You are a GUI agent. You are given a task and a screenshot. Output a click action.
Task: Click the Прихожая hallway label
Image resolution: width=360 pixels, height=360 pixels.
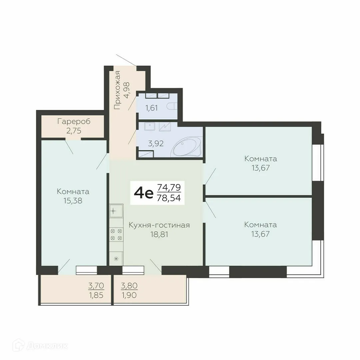click(117, 90)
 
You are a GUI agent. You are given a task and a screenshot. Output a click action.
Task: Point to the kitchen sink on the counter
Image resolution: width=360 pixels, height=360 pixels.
click(115, 211)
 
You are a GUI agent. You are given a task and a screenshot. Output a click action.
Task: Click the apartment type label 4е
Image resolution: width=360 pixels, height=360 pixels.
click(143, 193)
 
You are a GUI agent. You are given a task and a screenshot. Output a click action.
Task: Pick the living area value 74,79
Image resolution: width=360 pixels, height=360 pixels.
click(169, 187)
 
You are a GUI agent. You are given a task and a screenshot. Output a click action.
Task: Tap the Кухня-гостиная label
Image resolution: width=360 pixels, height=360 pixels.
click(159, 225)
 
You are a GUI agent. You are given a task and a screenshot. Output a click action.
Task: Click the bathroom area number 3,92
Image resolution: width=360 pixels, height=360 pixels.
click(156, 144)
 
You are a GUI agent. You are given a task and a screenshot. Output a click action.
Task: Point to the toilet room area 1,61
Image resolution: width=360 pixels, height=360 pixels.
click(151, 108)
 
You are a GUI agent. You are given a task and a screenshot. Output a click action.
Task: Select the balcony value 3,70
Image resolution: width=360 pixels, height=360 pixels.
click(96, 285)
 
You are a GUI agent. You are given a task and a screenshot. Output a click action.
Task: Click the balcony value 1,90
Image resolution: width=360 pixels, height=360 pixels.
click(129, 295)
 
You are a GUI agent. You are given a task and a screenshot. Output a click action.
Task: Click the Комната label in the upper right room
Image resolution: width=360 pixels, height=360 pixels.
click(260, 159)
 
